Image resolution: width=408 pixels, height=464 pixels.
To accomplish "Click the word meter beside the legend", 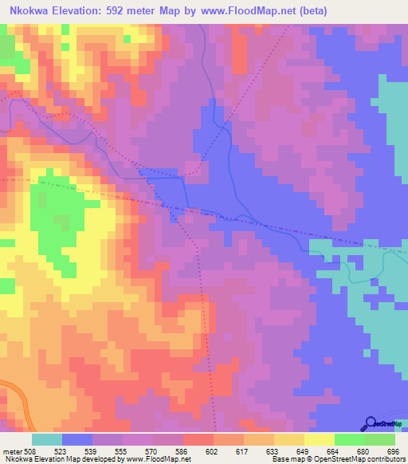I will coord(12,451).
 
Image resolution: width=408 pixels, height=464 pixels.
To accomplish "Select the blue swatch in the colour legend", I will coord(77,439).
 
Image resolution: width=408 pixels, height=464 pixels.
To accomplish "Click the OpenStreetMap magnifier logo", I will coord(370,423).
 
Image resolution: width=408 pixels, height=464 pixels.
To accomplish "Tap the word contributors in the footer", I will coord(387,460).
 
